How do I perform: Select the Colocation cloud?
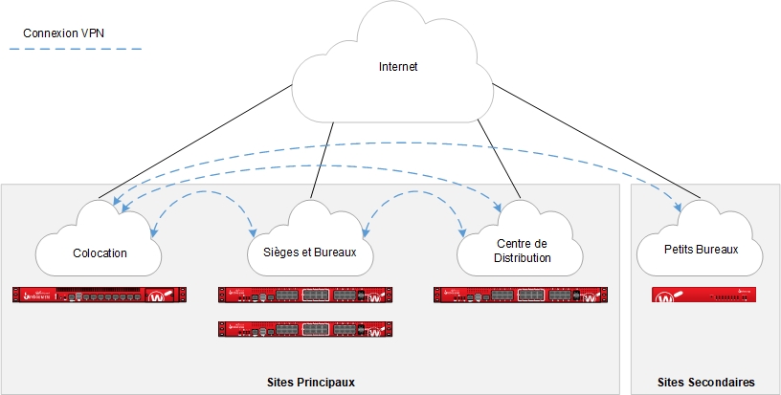coord(100,251)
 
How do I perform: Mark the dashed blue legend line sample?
coord(80,49)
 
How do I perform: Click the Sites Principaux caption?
coord(311,383)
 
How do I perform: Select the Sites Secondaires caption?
coord(706,383)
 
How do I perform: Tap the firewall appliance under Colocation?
coord(100,295)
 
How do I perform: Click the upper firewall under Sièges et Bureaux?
coord(306,295)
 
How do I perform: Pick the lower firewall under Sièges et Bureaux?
coord(306,328)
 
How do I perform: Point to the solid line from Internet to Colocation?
coord(191,143)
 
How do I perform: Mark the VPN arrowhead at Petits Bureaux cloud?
coord(681,208)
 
